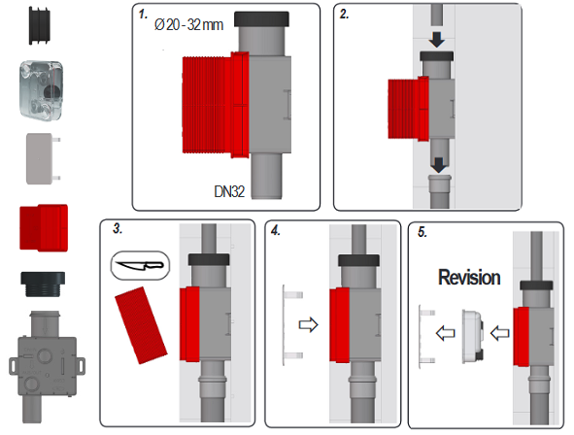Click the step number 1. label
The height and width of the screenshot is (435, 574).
pos(143,15)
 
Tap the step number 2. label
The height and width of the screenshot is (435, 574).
pos(344,15)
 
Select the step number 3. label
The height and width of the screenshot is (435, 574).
pos(118,228)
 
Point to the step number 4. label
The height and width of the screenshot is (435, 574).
pos(276,230)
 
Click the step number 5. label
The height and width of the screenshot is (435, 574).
pos(422,232)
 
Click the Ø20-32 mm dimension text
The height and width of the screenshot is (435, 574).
pos(188,25)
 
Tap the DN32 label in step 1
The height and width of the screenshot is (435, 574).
pos(229,191)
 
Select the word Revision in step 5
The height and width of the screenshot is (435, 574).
pos(469,277)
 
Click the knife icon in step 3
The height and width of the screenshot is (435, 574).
pos(140,265)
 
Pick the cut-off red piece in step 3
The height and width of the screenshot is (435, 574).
pos(141,325)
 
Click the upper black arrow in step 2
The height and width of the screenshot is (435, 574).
pos(437,40)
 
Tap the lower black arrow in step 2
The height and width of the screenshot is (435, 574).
pos(439,165)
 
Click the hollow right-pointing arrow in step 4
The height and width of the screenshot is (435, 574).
pos(309,324)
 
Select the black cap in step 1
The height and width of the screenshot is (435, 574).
pos(261,19)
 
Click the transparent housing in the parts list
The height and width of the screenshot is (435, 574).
pos(42,89)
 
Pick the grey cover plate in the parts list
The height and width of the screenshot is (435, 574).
pos(43,158)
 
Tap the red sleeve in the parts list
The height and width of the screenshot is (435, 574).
pos(44,227)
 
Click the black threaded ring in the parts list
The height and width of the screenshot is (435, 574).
pos(43,284)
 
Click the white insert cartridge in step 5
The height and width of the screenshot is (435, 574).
pos(473,336)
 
